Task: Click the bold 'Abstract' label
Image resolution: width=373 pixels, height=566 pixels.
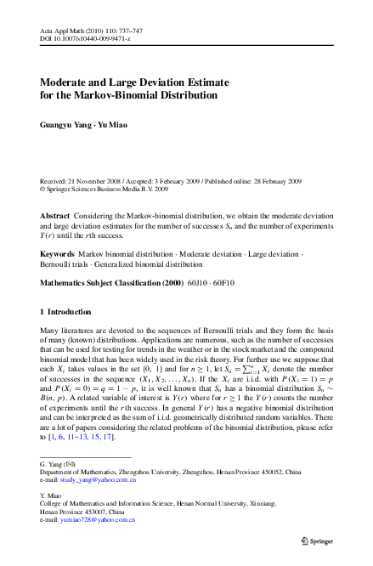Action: coord(55,217)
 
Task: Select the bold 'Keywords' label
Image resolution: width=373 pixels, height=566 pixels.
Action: coord(57,253)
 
